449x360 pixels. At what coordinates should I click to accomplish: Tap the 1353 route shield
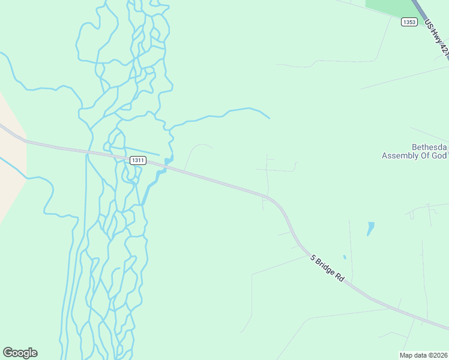pos(409,22)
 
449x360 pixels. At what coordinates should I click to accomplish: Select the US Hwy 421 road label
pos(436,39)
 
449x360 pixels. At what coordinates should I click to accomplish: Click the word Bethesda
pos(429,147)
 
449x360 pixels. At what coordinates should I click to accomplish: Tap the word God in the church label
pos(439,156)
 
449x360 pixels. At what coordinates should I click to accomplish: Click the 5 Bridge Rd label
pos(327,269)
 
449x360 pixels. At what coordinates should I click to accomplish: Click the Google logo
pos(20,353)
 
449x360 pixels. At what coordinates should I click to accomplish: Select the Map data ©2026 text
pos(423,355)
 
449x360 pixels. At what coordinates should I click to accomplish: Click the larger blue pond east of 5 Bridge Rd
pos(370,229)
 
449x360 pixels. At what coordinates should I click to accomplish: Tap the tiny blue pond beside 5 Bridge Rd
pos(345,257)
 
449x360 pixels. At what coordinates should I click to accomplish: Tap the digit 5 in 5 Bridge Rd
pos(313,257)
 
